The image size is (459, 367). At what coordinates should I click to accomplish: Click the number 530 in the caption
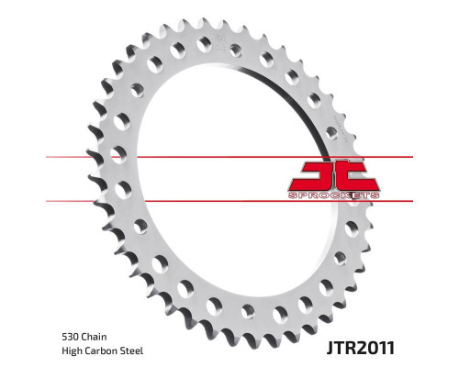[x=71, y=337]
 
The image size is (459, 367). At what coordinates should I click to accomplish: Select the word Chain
[x=95, y=337]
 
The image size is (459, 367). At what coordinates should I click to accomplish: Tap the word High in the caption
[x=72, y=350]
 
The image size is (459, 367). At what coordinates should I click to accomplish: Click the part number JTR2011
[x=361, y=348]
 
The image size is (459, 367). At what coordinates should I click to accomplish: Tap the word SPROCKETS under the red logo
[x=333, y=195]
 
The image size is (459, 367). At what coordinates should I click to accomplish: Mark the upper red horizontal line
[x=229, y=157]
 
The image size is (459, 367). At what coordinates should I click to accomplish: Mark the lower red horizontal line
[x=229, y=201]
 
